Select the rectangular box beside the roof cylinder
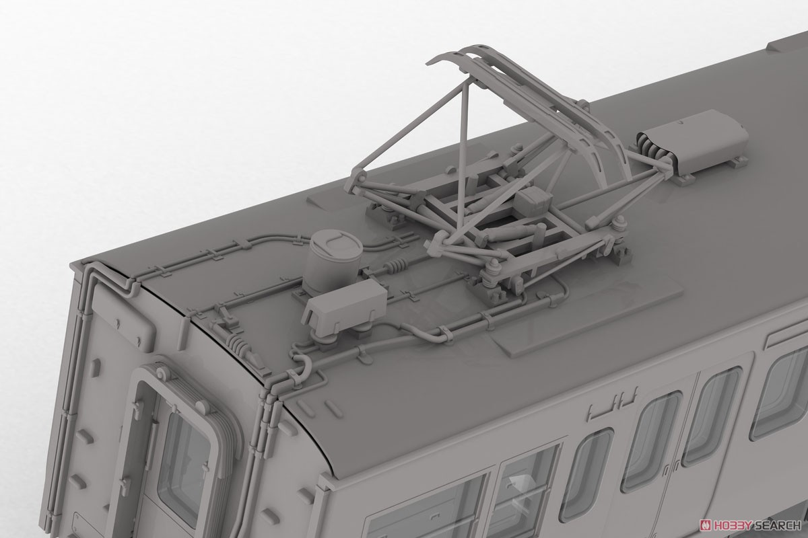[345, 307]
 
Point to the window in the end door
[183, 454]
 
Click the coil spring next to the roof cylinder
[396, 266]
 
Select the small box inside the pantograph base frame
[533, 202]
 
